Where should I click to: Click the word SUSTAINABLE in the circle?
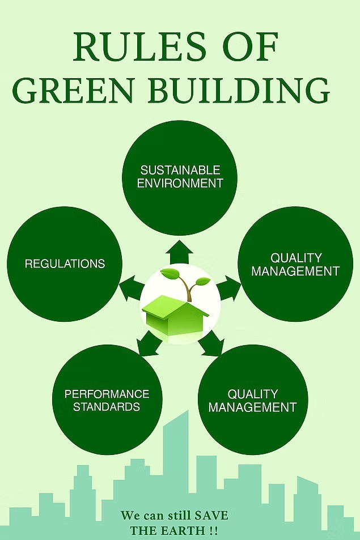click(180, 170)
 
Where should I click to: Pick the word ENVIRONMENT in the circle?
click(180, 183)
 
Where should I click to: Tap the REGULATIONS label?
click(65, 263)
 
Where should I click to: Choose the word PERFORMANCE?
click(107, 394)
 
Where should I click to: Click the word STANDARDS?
click(107, 407)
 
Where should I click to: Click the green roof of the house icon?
click(171, 305)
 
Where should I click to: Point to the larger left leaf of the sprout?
click(170, 274)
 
